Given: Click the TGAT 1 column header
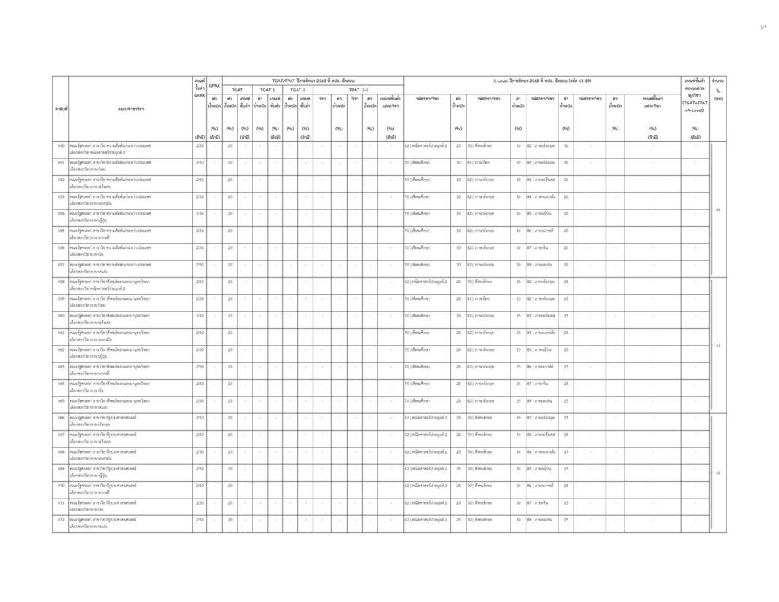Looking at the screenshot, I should [268, 90].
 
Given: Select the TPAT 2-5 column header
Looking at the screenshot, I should [360, 90].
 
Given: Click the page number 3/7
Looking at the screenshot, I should [762, 27].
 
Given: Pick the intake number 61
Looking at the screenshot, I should [717, 346].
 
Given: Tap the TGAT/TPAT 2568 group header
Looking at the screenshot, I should [304, 80].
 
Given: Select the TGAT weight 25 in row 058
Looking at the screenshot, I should [230, 282].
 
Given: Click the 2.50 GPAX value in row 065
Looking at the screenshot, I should [199, 400].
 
